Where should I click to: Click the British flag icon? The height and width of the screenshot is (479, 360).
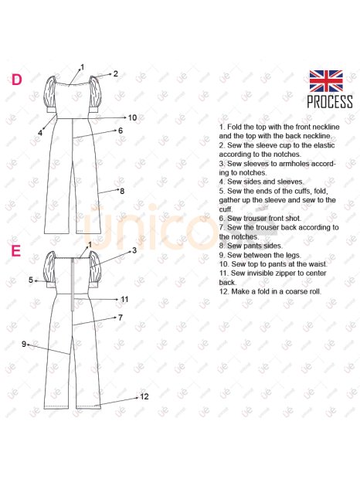pyautogui.click(x=326, y=81)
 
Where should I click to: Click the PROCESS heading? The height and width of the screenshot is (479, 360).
pyautogui.click(x=330, y=102)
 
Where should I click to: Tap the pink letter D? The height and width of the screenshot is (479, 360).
pyautogui.click(x=17, y=80)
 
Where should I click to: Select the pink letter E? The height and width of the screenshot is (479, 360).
pyautogui.click(x=16, y=251)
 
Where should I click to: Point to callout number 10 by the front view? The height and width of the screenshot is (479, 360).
pyautogui.click(x=132, y=117)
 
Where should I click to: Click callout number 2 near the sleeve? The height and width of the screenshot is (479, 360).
pyautogui.click(x=115, y=73)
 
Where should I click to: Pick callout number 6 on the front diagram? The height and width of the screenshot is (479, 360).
pyautogui.click(x=121, y=131)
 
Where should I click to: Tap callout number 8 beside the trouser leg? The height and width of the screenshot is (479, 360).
pyautogui.click(x=122, y=192)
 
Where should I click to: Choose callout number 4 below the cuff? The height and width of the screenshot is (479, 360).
pyautogui.click(x=40, y=133)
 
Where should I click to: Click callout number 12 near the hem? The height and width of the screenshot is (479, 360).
pyautogui.click(x=144, y=396)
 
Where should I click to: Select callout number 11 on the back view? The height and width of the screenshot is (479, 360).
pyautogui.click(x=124, y=300)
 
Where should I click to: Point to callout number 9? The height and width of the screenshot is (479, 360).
pyautogui.click(x=24, y=344)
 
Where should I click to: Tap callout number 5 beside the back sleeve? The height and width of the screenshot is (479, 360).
pyautogui.click(x=31, y=280)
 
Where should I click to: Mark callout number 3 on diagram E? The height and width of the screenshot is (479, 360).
pyautogui.click(x=134, y=251)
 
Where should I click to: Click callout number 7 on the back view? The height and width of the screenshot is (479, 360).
pyautogui.click(x=121, y=318)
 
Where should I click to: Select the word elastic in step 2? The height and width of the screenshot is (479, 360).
pyautogui.click(x=324, y=145)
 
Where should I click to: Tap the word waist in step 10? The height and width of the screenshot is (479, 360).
pyautogui.click(x=318, y=264)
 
